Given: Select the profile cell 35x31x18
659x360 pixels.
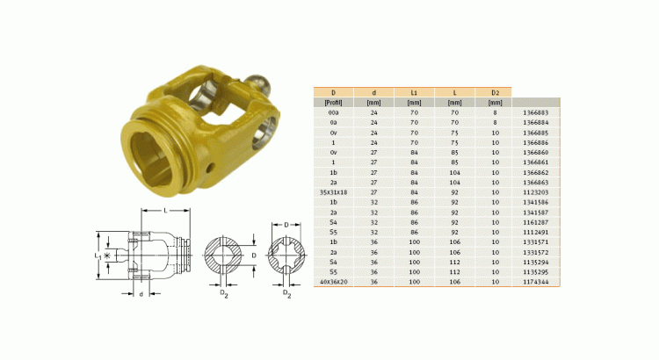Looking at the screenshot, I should pyautogui.click(x=334, y=191).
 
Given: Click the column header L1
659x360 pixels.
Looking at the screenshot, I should pyautogui.click(x=414, y=91).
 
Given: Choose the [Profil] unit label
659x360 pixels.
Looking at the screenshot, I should pyautogui.click(x=334, y=102).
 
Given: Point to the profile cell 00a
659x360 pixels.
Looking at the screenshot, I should pyautogui.click(x=334, y=112).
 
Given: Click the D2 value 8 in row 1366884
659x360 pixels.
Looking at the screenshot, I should pyautogui.click(x=494, y=123).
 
